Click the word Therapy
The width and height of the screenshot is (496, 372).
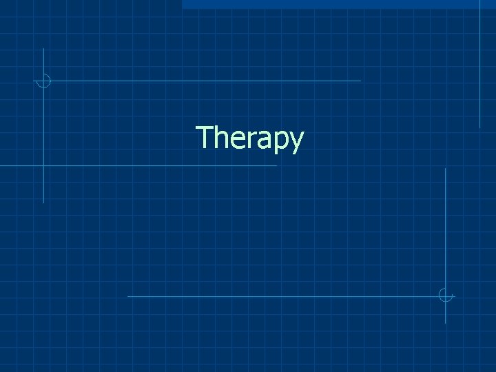point(249,138)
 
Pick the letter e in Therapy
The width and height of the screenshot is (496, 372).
point(239,140)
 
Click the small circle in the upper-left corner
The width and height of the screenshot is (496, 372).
point(43,81)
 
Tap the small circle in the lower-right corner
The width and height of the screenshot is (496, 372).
point(446,296)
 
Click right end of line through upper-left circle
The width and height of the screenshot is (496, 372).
point(360,81)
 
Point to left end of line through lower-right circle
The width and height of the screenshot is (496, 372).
point(129,296)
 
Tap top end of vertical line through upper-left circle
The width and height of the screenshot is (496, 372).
point(43,49)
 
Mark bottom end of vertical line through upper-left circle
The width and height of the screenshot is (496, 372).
point(43,203)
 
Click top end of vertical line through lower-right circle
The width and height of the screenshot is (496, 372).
point(446,169)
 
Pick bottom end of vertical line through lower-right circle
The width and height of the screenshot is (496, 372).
point(446,322)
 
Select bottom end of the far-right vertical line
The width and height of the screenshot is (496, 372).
point(480,127)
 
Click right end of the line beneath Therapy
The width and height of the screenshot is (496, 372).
point(276,166)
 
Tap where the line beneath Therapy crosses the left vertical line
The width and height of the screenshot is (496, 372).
point(43,166)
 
